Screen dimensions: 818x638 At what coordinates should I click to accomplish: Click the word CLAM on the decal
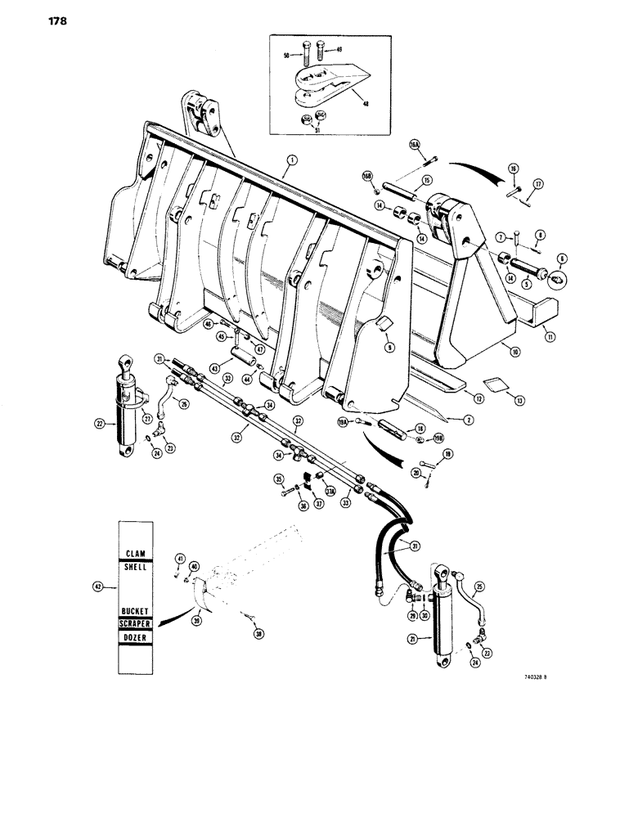tap(134, 553)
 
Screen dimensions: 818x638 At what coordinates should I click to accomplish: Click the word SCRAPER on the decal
tap(134, 624)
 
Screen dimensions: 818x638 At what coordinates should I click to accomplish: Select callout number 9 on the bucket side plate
tap(390, 347)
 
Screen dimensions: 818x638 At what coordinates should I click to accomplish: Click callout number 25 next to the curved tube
tap(479, 586)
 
